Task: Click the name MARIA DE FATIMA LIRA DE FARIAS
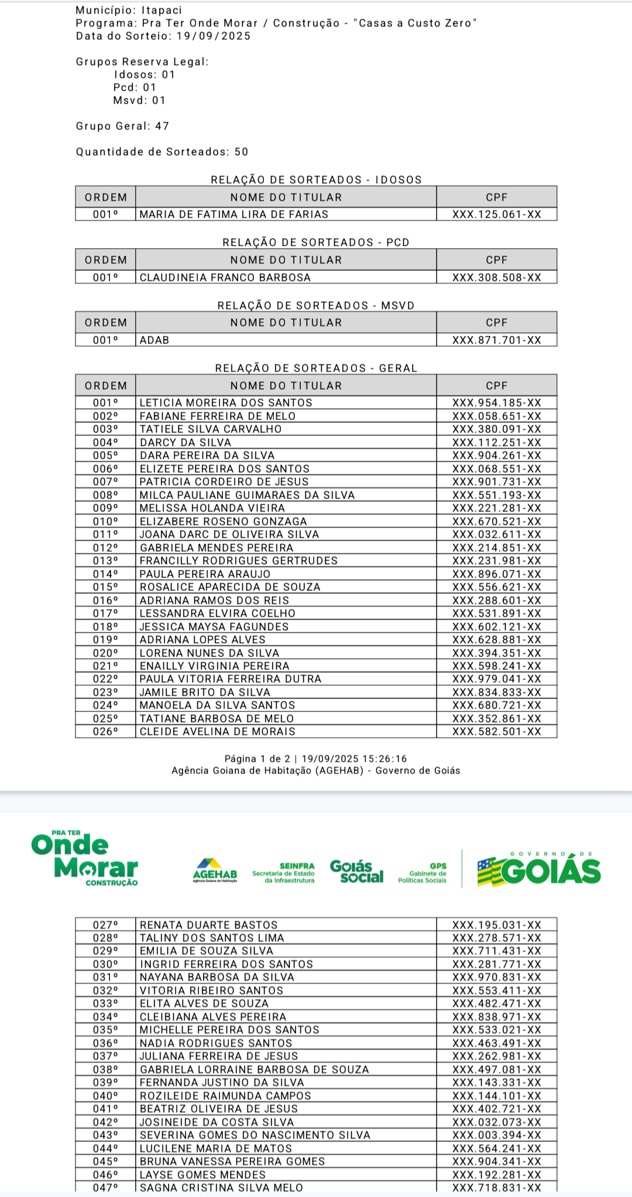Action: click(x=233, y=215)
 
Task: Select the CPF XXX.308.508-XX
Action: click(x=496, y=277)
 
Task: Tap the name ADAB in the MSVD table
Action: click(x=154, y=340)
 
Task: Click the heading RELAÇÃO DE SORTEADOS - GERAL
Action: click(x=316, y=368)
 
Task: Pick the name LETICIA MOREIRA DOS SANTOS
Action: click(x=226, y=403)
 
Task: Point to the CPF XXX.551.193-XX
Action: click(x=496, y=495)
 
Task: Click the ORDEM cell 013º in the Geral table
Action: click(x=105, y=560)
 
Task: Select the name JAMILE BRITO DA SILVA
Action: click(x=205, y=692)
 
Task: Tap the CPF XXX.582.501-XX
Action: click(x=496, y=731)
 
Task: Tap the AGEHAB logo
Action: click(x=215, y=870)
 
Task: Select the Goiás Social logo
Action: click(x=356, y=871)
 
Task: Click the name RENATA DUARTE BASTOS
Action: click(x=208, y=925)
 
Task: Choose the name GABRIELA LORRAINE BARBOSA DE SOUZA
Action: click(x=254, y=1069)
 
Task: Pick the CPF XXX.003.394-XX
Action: click(x=496, y=1135)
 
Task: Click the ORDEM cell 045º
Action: click(x=105, y=1161)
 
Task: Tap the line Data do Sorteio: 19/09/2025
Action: click(x=163, y=36)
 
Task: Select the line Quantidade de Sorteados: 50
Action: click(x=162, y=152)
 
